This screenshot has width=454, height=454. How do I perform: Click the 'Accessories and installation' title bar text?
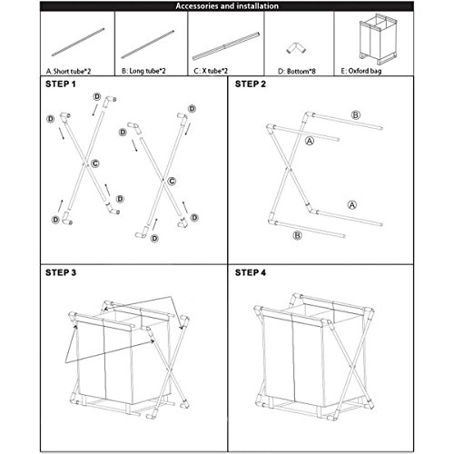227,6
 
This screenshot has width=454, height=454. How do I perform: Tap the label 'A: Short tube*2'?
68,72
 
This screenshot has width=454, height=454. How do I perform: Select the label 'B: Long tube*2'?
143,71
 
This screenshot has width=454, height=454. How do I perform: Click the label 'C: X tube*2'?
211,71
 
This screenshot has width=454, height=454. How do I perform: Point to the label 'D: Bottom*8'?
297,72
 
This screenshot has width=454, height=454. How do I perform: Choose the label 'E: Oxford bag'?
361,71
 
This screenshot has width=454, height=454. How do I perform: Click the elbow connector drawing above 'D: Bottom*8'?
296,48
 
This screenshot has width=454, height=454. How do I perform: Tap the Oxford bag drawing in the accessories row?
378,39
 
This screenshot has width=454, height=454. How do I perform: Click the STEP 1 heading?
61,84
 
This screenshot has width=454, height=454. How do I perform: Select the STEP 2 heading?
251,84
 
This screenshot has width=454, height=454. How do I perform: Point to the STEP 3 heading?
61,272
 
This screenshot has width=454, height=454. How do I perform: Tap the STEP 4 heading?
251,272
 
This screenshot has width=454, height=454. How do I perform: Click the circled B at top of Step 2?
356,115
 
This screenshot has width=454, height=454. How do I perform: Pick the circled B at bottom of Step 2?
298,235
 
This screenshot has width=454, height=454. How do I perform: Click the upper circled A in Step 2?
310,141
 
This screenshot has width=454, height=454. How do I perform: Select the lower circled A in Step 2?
352,205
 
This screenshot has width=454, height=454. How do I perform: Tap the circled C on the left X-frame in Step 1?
95,163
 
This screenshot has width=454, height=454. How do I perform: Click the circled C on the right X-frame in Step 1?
172,181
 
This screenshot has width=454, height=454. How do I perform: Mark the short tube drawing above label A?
78,43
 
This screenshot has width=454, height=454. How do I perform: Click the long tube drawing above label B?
148,44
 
